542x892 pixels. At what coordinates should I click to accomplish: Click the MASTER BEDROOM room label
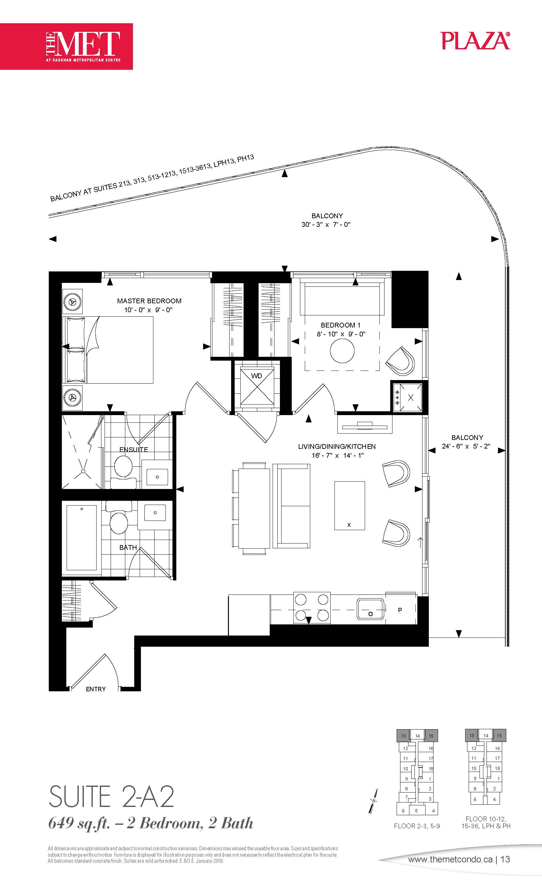pos(149,301)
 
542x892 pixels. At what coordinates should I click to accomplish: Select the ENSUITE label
pos(134,450)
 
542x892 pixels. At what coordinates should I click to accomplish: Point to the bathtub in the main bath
pos(82,538)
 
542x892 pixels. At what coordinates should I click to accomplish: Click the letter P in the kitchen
pos(400,610)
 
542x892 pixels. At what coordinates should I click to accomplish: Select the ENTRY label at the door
pos(96,689)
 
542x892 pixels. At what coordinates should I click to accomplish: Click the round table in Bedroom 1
pos(342,350)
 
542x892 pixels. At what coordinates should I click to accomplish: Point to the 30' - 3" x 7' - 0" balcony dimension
pos(326,225)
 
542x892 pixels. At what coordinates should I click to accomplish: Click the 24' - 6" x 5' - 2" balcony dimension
pos(466,446)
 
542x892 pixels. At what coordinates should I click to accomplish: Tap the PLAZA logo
pos(476,40)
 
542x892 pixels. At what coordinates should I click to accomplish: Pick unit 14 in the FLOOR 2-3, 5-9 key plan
pos(417,736)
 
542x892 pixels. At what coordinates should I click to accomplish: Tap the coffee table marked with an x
pos(349,505)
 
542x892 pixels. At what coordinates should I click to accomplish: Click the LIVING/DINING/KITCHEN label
pos(337,447)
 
